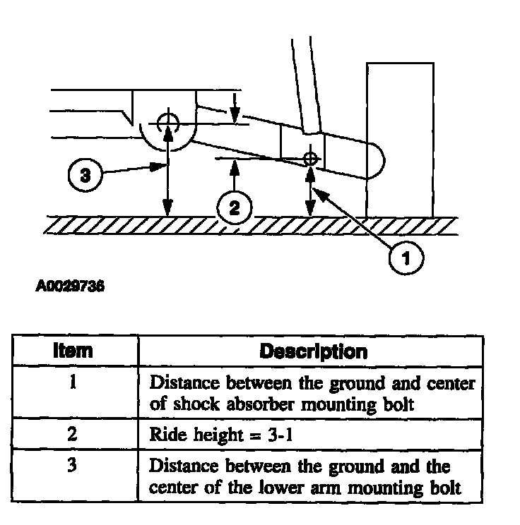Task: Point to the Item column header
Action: tap(73, 351)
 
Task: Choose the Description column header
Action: tap(313, 351)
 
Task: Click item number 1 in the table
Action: tap(73, 385)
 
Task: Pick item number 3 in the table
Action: tap(73, 467)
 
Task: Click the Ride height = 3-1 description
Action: tap(222, 435)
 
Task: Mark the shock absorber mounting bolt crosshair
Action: tap(309, 158)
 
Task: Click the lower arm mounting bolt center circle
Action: tap(167, 122)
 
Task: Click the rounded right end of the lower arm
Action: tap(377, 159)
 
